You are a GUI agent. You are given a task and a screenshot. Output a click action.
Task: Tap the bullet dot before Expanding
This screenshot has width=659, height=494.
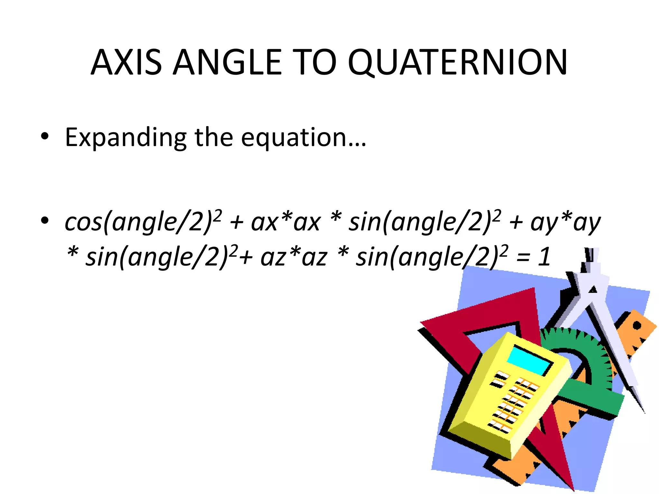(45, 136)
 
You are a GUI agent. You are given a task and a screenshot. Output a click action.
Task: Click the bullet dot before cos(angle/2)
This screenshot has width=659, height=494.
(45, 221)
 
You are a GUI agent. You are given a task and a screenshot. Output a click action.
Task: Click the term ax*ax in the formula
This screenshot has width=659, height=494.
(286, 222)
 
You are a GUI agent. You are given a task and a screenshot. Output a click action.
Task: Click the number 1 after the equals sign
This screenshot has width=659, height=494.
(544, 257)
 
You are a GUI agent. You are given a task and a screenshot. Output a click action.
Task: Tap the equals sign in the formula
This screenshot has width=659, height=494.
(523, 258)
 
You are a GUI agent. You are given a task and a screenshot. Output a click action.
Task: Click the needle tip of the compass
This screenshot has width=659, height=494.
(644, 412)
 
